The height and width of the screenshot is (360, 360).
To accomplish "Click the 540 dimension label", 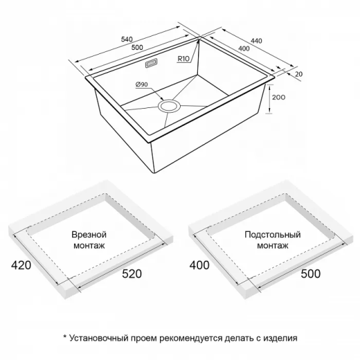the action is point(127,39).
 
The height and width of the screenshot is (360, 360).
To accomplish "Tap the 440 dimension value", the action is point(256,41).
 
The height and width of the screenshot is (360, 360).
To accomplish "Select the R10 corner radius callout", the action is point(184,59).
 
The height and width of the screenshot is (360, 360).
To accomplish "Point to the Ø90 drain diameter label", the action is point(141,85).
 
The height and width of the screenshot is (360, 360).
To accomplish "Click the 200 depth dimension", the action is point(279,97).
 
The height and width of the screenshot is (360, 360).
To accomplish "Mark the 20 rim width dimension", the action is point(299,74).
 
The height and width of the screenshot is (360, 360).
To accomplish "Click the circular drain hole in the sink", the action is point(169,107).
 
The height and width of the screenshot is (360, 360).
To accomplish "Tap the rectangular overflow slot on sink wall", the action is point(151,63).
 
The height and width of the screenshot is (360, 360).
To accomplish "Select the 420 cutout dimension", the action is point(21,265).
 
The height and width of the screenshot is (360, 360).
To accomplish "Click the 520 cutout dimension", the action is point(131,274).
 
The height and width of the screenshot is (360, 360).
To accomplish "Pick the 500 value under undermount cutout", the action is point(311,274).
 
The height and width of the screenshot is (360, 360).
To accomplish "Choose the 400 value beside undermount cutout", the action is point(199,265).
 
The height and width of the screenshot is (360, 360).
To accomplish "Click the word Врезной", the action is point(89,235).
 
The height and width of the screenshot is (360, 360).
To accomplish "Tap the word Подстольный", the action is point(273,235).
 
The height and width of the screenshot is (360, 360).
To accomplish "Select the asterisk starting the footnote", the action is point(65,337).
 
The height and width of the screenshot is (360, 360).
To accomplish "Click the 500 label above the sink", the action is point(137,47).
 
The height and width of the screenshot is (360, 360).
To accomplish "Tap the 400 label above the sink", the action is point(244,49).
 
